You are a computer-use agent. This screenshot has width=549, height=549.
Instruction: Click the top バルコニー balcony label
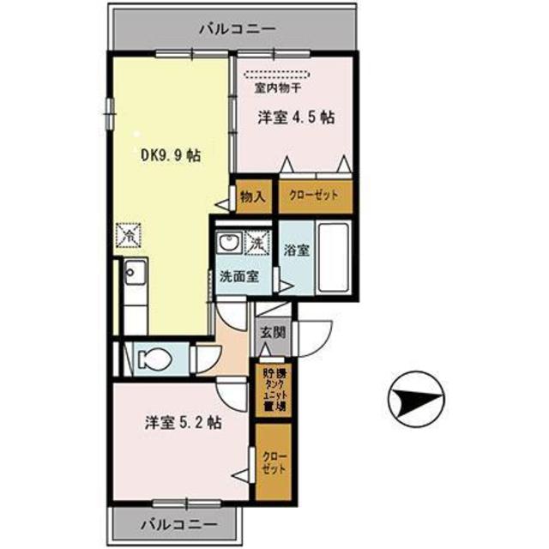(x=237, y=28)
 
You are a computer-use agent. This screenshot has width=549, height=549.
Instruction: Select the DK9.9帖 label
(x=172, y=156)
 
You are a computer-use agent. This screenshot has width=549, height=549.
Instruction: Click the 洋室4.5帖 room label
(x=295, y=120)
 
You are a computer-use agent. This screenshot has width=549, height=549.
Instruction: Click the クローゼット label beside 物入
(x=313, y=196)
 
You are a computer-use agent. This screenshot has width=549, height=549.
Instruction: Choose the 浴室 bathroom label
(x=297, y=252)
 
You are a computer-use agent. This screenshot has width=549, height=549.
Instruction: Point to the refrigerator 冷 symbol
(x=129, y=232)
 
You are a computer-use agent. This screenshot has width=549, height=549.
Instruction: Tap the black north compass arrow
(x=419, y=400)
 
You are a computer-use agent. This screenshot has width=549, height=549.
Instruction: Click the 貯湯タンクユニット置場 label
(x=274, y=391)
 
